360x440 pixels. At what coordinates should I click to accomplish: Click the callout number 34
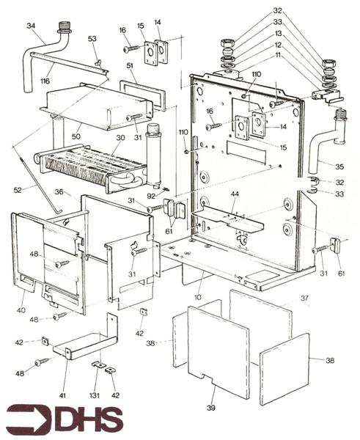coord(30,26)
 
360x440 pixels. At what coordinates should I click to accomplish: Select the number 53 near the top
coord(92,38)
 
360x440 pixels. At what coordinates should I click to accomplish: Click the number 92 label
coord(151,196)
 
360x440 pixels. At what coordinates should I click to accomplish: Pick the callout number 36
coord(58,192)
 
